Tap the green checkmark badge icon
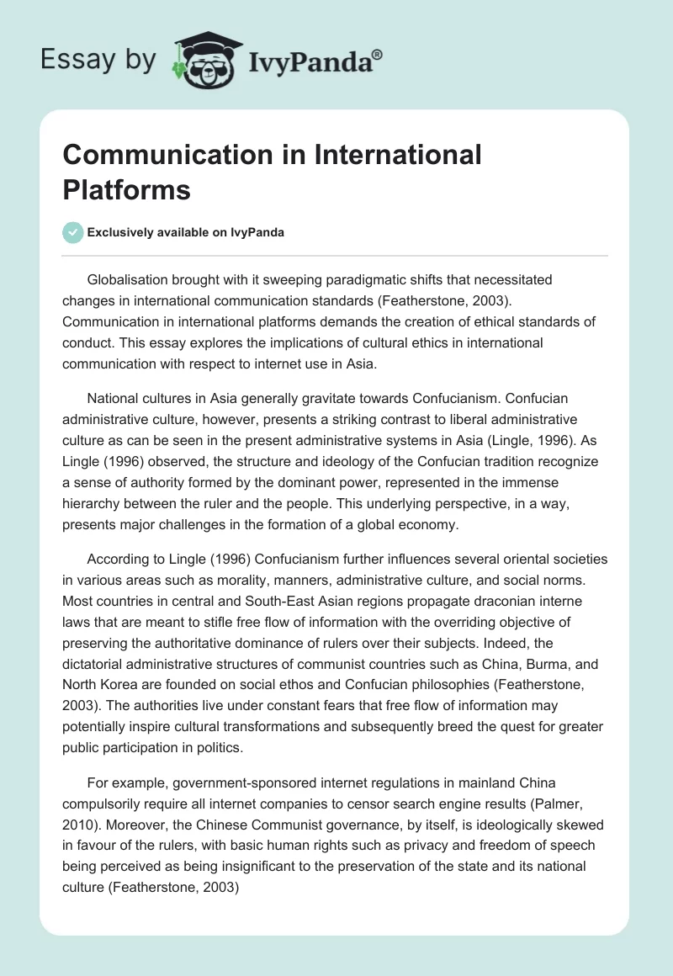click(73, 232)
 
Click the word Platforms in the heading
click(127, 189)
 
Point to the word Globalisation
click(130, 279)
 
